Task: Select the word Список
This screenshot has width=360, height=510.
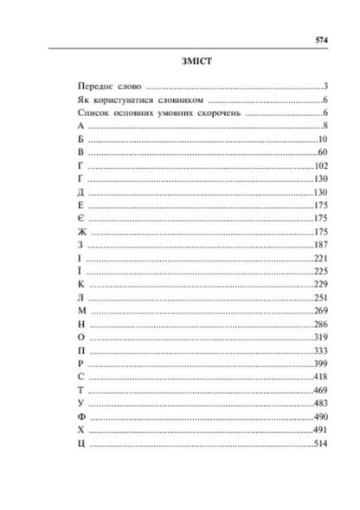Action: (92, 113)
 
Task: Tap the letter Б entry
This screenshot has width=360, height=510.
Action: (80, 140)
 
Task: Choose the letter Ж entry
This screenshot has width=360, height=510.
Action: (80, 232)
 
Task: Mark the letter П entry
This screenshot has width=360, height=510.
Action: (80, 351)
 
